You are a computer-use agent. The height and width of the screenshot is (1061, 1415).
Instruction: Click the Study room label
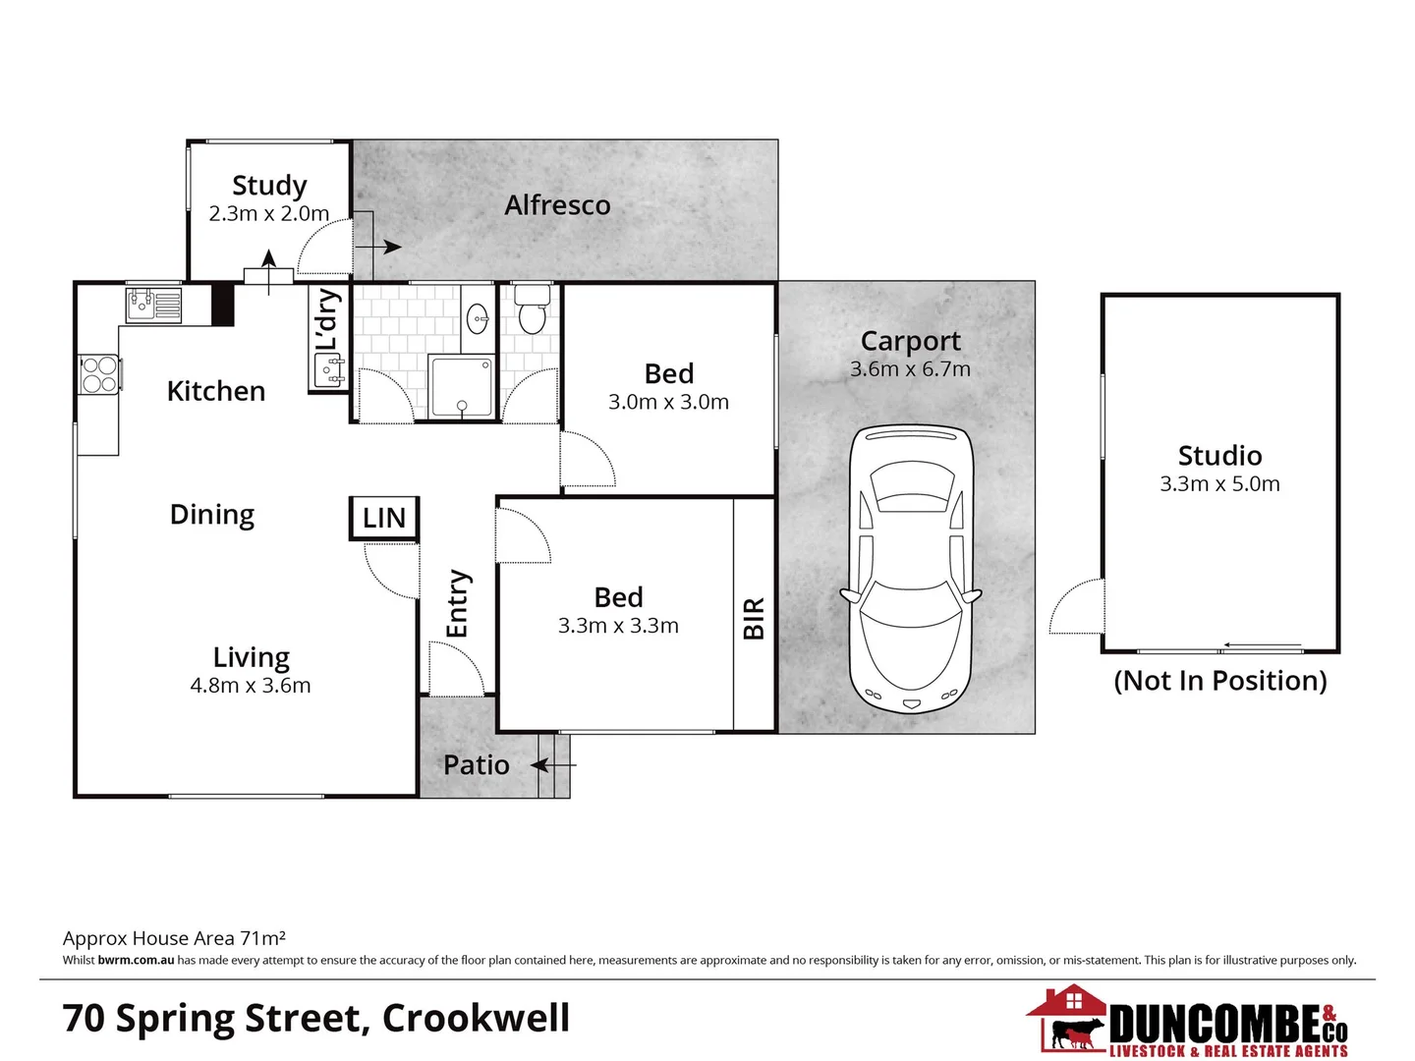coord(269,186)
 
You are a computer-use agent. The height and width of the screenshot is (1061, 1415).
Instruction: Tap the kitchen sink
coord(153,304)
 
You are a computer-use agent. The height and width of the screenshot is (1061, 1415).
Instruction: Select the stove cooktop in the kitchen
coord(99,374)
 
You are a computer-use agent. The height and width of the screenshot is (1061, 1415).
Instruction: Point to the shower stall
coord(461,387)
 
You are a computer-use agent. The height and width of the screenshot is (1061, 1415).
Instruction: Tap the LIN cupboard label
coord(384,518)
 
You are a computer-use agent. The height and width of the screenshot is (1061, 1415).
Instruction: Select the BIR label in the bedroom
coord(754,618)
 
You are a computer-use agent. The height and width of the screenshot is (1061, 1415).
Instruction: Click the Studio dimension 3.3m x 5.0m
coord(1219,483)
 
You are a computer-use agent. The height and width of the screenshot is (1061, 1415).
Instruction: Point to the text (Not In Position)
coord(1219,681)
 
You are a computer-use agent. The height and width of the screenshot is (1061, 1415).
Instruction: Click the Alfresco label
coord(557,205)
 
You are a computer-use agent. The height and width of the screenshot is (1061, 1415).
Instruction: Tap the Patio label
coord(477,765)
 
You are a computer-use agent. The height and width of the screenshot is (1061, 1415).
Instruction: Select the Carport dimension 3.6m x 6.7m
coord(910,369)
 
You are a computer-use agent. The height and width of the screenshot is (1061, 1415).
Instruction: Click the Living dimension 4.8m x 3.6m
coord(251,686)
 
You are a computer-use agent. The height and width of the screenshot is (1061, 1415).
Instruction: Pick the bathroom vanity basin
coord(478,317)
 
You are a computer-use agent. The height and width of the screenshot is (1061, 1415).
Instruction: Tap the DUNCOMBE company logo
coord(1189,1024)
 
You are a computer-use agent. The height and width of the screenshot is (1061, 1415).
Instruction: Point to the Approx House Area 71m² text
coord(174,938)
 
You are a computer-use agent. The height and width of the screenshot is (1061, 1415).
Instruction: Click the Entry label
coord(458,603)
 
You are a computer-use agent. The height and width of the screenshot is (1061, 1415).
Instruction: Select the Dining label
coord(212,515)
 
